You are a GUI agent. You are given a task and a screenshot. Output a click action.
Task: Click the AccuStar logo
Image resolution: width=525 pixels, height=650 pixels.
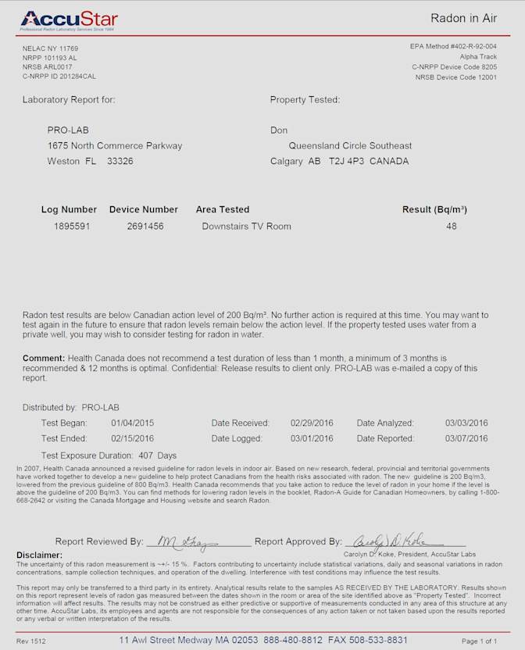tap(70, 19)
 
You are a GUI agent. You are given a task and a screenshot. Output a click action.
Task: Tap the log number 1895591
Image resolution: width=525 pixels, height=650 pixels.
tap(72, 227)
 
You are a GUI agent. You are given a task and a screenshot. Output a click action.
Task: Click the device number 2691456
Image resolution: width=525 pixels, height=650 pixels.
tap(145, 227)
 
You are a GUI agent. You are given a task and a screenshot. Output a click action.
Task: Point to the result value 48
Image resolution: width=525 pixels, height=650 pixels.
tap(452, 227)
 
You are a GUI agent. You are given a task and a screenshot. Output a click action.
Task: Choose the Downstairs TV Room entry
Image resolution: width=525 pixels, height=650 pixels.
tap(246, 227)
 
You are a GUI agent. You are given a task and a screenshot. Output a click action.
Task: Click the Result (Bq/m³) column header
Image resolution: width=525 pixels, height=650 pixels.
tap(434, 209)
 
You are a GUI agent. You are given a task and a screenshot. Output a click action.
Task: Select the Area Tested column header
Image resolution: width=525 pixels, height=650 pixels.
tap(223, 209)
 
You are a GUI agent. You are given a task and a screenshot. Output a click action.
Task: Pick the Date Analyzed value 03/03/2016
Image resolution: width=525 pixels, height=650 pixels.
tap(466, 423)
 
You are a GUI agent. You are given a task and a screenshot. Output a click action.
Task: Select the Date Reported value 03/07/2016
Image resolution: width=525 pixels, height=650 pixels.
tap(466, 438)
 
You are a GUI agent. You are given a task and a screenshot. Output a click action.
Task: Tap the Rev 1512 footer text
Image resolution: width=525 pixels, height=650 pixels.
tap(35, 641)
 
